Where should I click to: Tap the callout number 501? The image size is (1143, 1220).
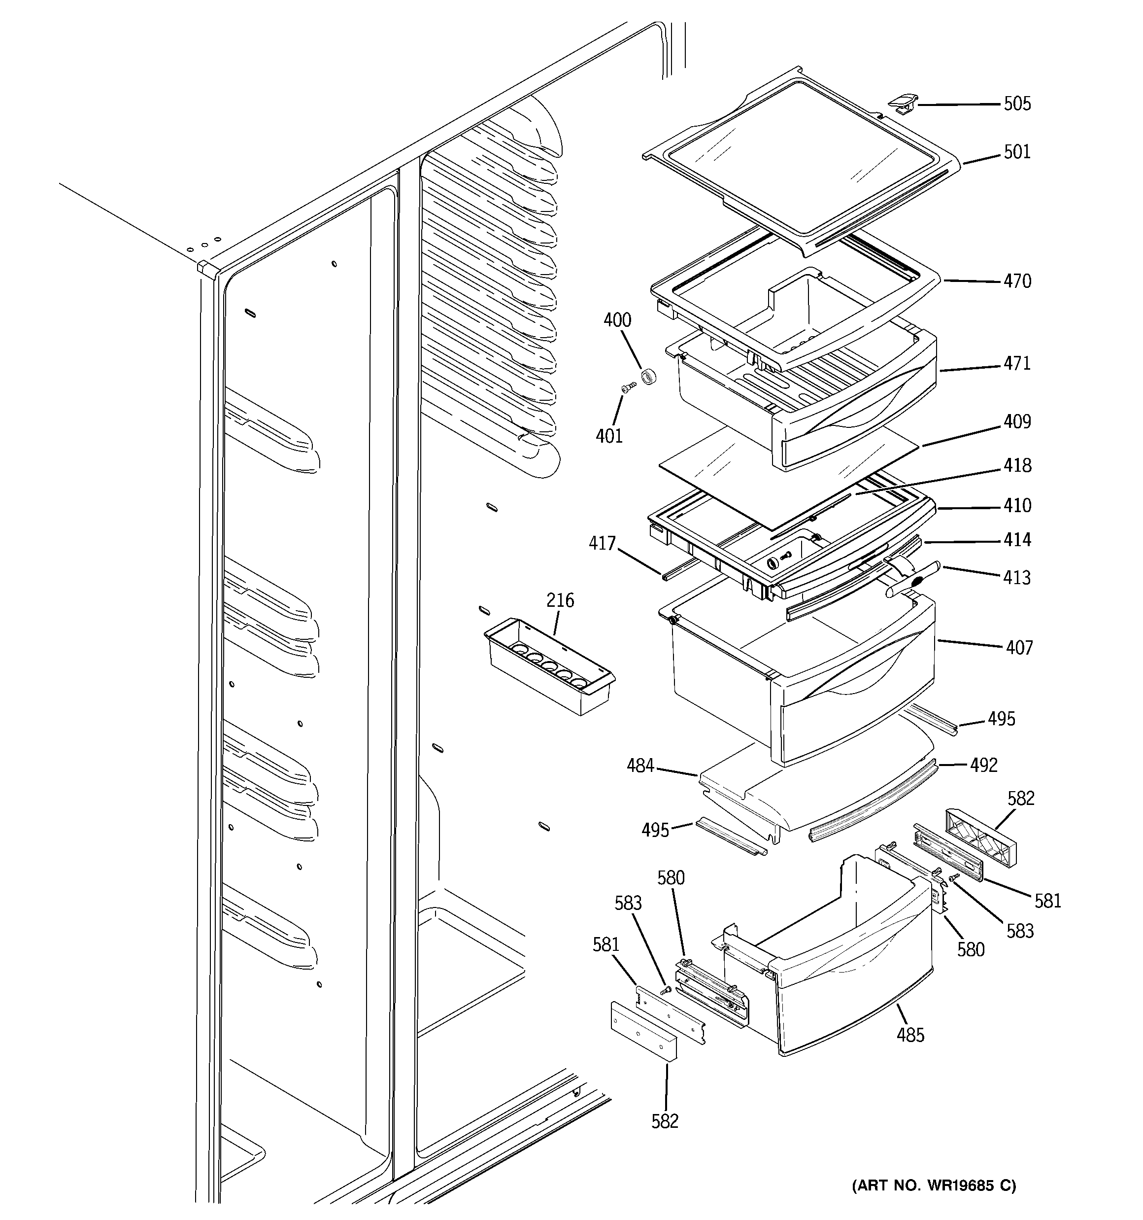point(1016,152)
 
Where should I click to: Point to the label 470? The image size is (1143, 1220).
point(1016,281)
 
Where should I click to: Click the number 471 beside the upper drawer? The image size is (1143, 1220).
point(1016,363)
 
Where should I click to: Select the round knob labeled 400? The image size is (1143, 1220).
point(648,376)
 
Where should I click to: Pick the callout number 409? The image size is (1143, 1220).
point(1016,421)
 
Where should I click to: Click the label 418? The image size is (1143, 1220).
point(1016,466)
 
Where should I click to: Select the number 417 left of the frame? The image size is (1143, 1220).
point(602,543)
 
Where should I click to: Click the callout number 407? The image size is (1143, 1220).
point(1019,647)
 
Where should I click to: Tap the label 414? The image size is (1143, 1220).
point(1016,540)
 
